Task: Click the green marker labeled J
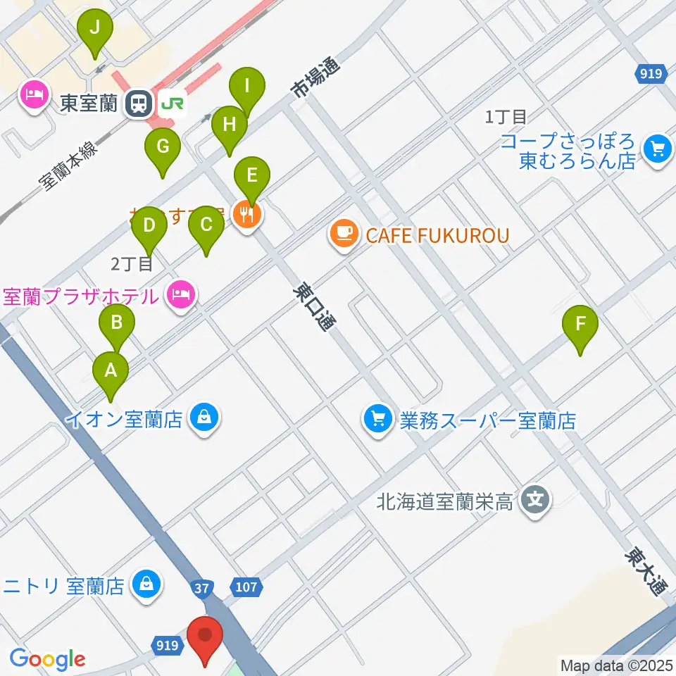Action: click(x=95, y=30)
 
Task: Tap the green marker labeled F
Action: click(x=580, y=325)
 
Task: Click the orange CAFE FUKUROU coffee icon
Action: click(x=344, y=234)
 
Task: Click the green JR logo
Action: click(x=172, y=104)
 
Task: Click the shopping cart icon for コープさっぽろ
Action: click(x=658, y=149)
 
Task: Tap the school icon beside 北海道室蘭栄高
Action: click(x=536, y=501)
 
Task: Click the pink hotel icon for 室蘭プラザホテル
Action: click(x=181, y=295)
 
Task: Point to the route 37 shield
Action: click(x=201, y=587)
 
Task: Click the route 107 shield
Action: click(x=246, y=587)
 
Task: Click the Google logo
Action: click(x=47, y=659)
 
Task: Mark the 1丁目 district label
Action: click(x=506, y=116)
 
